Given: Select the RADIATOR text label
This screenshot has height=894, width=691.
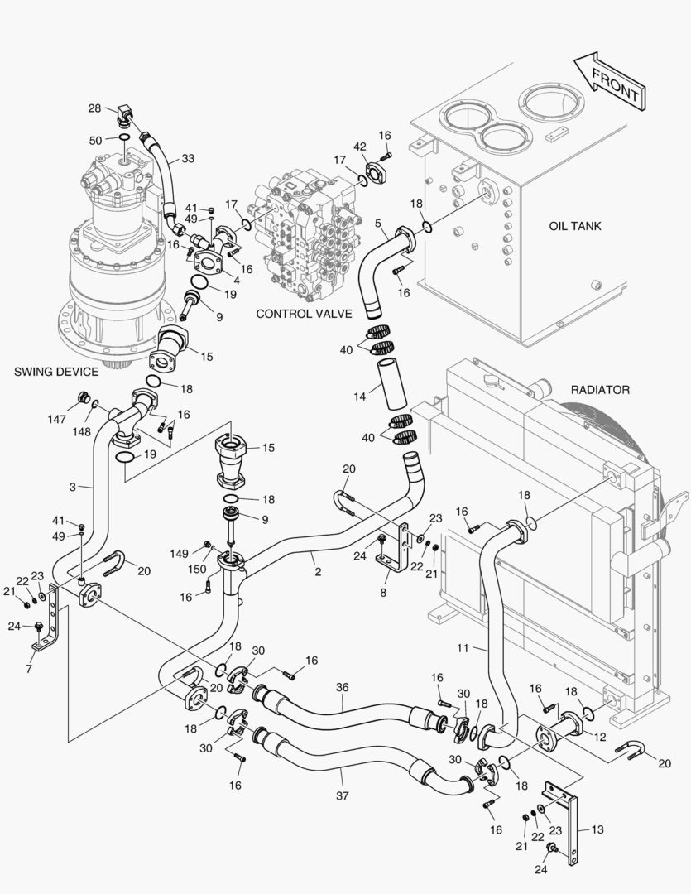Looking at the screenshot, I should (x=600, y=389).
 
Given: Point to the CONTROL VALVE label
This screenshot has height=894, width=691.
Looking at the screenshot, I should (x=304, y=314).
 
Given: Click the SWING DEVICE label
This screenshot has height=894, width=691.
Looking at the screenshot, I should (x=56, y=372).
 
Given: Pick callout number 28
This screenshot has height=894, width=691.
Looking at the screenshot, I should (x=94, y=108).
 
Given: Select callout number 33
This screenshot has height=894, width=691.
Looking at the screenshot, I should (x=189, y=158).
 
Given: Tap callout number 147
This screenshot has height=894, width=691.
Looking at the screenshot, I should (x=56, y=420).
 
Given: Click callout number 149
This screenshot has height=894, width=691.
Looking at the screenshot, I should (x=180, y=554).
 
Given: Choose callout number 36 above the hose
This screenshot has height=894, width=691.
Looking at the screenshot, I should (x=343, y=686).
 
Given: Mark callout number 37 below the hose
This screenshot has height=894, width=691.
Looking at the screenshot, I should (x=343, y=796).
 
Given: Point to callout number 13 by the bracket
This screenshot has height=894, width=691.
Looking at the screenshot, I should (x=597, y=828).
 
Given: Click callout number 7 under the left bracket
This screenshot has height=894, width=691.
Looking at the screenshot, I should (x=29, y=668).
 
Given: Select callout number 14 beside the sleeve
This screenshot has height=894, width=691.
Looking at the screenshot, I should (x=359, y=397).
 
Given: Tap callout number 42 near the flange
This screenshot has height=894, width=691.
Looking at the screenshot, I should (x=360, y=147).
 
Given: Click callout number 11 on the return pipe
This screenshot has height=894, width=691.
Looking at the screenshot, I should (x=463, y=649).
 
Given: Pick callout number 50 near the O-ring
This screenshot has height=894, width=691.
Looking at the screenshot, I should (x=95, y=141).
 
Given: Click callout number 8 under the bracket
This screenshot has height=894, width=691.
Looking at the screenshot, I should (x=382, y=593).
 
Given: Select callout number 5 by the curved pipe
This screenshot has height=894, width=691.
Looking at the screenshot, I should (x=377, y=223).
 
